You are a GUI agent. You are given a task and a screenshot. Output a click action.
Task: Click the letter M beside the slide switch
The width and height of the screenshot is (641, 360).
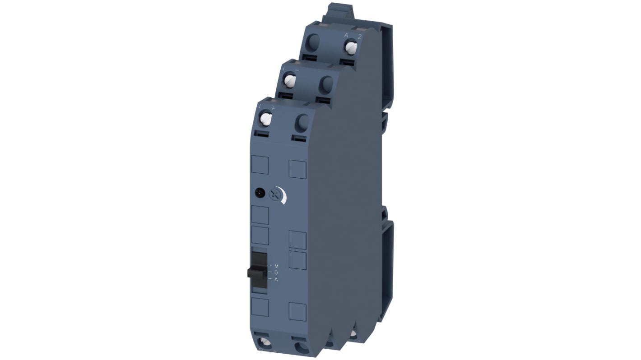pos(276,266)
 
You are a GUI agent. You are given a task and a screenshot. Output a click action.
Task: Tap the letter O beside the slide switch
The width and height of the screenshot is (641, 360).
pos(276,272)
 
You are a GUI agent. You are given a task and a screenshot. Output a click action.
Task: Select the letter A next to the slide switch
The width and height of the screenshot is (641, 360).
pos(276,279)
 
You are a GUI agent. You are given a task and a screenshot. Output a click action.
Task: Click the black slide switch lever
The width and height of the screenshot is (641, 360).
pos(255,272)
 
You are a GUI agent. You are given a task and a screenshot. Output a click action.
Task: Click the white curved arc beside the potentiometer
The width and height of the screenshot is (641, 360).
pos(283,195)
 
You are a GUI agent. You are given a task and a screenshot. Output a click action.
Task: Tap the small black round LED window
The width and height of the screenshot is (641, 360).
pos(259,193)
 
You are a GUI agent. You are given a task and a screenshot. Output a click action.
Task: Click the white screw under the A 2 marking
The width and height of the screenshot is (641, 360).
pos(351,46)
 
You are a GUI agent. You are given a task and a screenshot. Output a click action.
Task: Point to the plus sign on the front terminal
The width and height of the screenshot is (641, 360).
pos(272,108)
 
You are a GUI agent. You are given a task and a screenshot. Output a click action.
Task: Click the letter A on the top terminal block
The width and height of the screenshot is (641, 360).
pos(346,35)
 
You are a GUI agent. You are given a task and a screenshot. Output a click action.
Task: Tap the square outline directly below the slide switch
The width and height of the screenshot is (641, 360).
pos(260,307)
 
